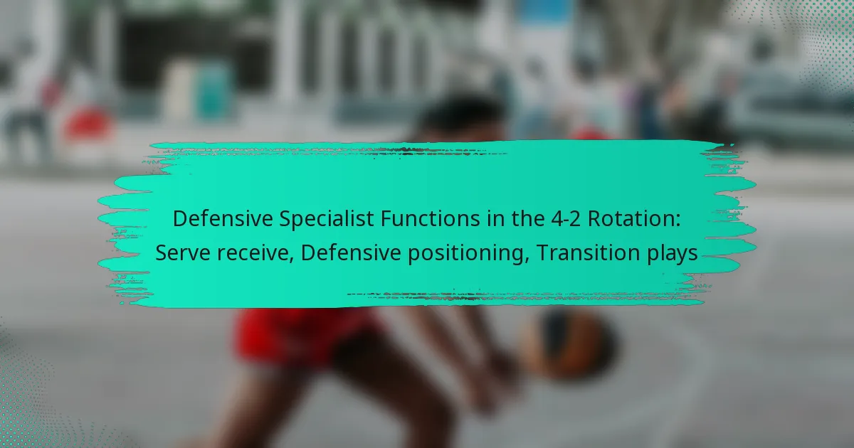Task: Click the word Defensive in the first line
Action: (223, 219)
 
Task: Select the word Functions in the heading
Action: (430, 219)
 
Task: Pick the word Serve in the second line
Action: (183, 253)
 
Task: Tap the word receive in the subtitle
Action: (255, 253)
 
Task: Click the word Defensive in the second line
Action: (351, 253)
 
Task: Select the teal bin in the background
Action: (213, 92)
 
